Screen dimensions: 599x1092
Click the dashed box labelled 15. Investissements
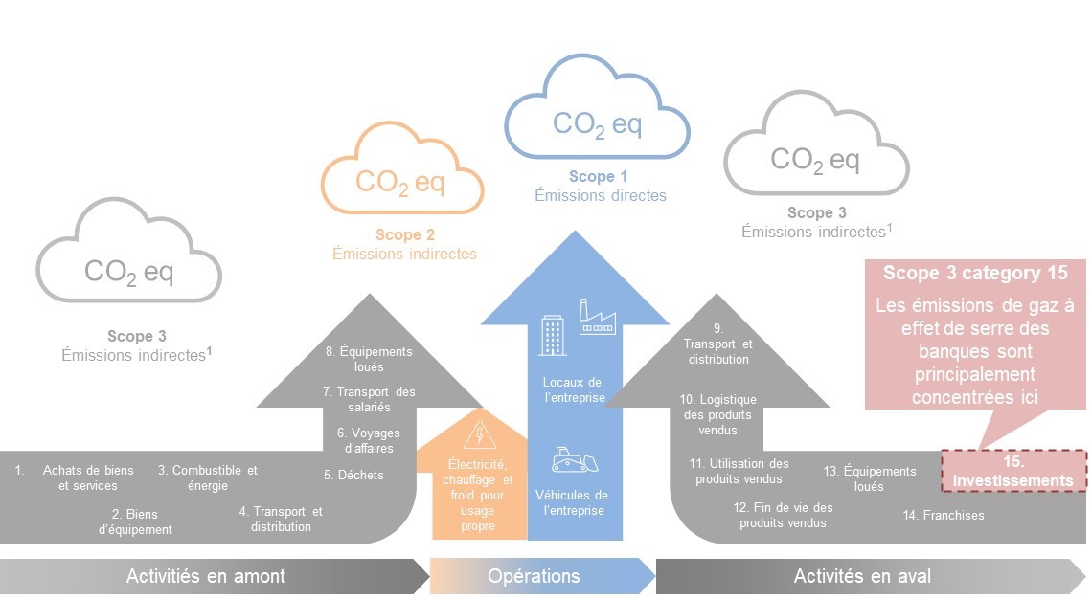click(x=1013, y=470)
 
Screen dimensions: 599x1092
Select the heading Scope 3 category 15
click(x=975, y=274)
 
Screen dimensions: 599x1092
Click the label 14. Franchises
click(x=943, y=515)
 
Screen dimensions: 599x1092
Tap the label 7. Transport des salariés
click(x=369, y=399)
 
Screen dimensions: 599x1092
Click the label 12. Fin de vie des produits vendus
click(x=783, y=515)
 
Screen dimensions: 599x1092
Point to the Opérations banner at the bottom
click(x=534, y=576)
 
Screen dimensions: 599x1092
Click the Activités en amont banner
click(x=206, y=576)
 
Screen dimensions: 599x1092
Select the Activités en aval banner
click(x=862, y=576)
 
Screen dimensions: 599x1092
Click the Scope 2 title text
click(x=404, y=234)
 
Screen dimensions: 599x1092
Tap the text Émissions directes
click(x=600, y=195)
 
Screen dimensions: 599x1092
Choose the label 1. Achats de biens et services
click(x=87, y=477)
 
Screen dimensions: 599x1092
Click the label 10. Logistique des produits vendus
click(x=717, y=414)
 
